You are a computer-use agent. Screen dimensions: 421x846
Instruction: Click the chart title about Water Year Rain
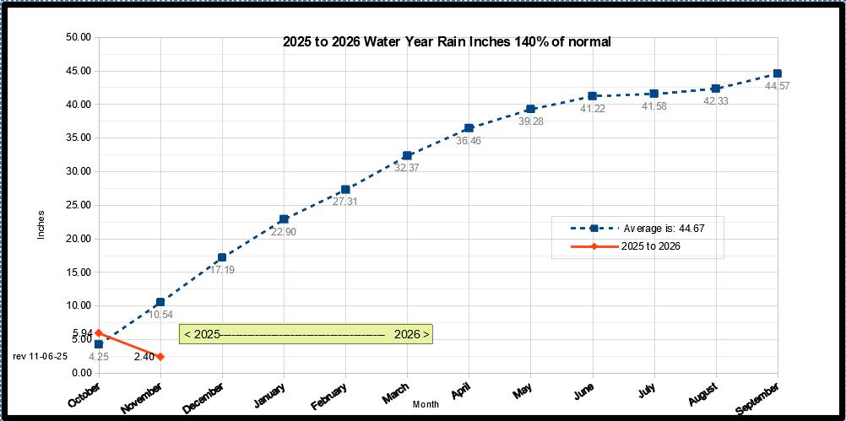click(447, 41)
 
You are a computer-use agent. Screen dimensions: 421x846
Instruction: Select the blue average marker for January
click(284, 219)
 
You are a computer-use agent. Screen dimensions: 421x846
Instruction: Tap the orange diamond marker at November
click(160, 357)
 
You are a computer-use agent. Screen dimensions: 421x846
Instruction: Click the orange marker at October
click(99, 333)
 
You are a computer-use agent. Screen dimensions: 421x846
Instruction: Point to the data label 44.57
click(777, 86)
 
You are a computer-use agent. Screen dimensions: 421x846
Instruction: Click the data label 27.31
click(345, 202)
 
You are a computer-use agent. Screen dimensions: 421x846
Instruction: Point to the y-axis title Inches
click(41, 224)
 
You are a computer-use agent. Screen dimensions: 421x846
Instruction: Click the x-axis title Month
click(426, 405)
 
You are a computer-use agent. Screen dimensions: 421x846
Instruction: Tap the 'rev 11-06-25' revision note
click(40, 357)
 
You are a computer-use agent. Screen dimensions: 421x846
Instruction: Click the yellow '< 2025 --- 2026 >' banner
click(306, 334)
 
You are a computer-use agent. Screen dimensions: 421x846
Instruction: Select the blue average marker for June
click(593, 96)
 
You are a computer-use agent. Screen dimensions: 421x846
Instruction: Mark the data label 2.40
click(144, 357)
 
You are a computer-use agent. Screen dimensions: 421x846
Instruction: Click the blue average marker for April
click(469, 128)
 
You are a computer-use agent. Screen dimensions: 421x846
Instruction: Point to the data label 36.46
click(469, 141)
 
